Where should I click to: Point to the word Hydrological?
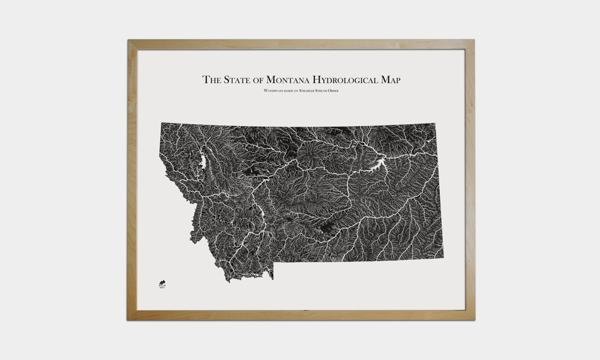pos(348,80)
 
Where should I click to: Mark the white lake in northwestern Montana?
pos(203,161)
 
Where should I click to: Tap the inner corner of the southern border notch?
pos(274,264)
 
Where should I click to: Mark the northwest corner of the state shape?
pos(161,123)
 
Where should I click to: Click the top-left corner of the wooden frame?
pos(128,40)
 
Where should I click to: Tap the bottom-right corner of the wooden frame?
pos(474,319)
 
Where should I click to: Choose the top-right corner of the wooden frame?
pos(474,40)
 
